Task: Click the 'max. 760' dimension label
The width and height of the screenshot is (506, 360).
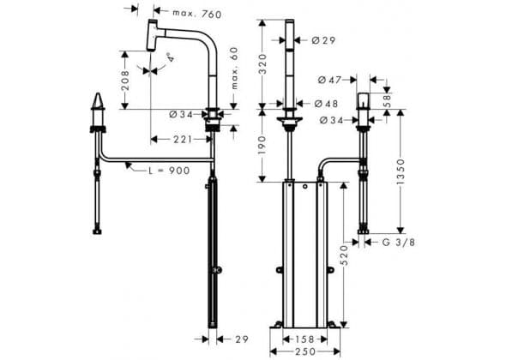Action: (197, 14)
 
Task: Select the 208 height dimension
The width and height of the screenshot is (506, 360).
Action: (125, 81)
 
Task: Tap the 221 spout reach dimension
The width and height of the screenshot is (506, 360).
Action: (183, 140)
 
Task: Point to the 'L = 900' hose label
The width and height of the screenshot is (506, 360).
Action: (169, 171)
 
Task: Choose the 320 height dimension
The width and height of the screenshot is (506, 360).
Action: (262, 64)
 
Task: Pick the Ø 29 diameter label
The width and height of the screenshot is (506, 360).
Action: (323, 40)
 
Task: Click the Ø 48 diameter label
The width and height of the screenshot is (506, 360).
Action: (326, 104)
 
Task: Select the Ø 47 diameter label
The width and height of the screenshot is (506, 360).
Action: (329, 80)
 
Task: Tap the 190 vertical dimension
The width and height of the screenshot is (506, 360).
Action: (262, 145)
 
